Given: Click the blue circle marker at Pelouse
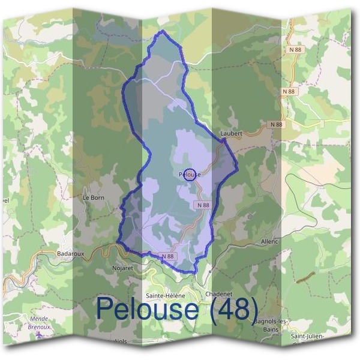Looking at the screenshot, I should pyautogui.click(x=190, y=175).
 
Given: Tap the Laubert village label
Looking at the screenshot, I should pyautogui.click(x=231, y=133).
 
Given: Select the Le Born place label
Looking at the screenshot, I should pyautogui.click(x=94, y=196).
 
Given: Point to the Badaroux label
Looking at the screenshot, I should pyautogui.click(x=70, y=254).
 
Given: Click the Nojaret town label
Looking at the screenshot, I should pyautogui.click(x=122, y=268).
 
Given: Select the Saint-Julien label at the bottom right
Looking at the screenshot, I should pyautogui.click(x=307, y=337).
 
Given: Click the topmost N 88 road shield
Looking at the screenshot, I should pyautogui.click(x=292, y=49).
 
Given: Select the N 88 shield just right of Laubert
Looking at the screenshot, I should pyautogui.click(x=275, y=124).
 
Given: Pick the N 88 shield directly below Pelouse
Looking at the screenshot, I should pyautogui.click(x=203, y=205).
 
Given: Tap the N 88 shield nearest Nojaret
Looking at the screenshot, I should pyautogui.click(x=167, y=256).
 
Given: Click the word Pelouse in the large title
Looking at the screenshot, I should pyautogui.click(x=147, y=309).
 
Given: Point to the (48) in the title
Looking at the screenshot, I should pyautogui.click(x=232, y=309).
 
